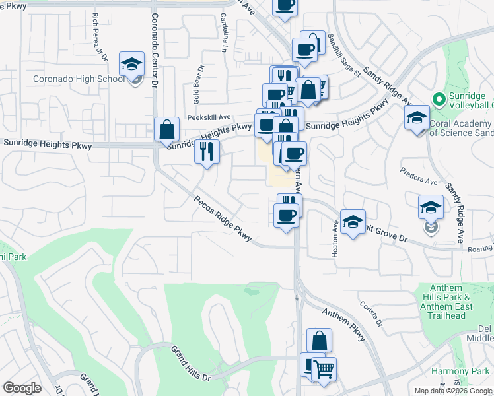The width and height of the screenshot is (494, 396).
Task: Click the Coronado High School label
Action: (79, 79)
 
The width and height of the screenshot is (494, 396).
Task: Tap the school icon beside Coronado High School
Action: (132, 65)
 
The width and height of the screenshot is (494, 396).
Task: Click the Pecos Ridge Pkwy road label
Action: (223, 218)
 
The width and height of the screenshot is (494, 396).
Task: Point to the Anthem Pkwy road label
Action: (344, 324)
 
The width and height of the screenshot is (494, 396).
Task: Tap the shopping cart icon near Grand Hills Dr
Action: (324, 370)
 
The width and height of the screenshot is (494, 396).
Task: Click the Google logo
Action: (22, 388)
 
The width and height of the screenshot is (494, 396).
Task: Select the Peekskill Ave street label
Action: (208, 116)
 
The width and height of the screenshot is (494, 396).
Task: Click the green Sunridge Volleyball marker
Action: (438, 100)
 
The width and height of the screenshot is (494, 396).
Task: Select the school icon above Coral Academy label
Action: (417, 119)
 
